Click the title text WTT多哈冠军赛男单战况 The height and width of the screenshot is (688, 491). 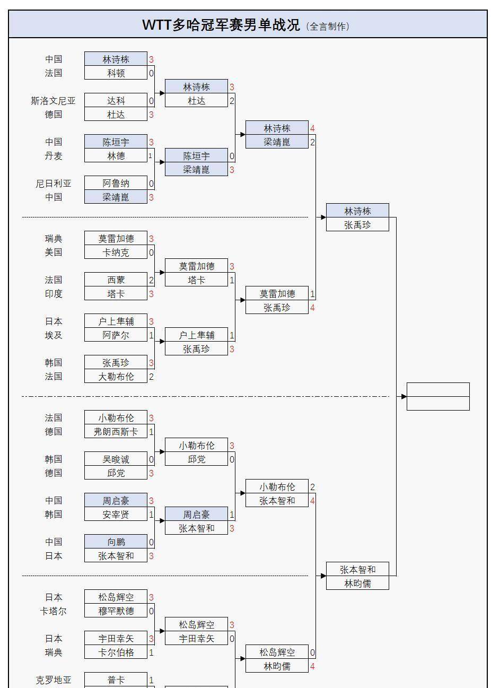[221, 25]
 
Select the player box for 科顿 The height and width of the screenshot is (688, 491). [116, 73]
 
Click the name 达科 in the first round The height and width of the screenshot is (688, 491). [116, 101]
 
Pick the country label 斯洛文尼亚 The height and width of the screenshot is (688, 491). [53, 101]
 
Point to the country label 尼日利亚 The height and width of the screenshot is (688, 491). [53, 184]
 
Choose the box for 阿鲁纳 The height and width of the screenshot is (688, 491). [116, 184]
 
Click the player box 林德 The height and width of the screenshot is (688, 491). [116, 156]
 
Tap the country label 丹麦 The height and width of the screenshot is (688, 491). [53, 156]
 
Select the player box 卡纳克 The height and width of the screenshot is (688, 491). [116, 252]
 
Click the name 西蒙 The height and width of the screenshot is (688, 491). [116, 280]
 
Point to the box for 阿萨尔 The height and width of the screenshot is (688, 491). [116, 335]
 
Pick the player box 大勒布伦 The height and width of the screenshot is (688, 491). [116, 377]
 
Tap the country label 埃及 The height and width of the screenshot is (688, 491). [53, 335]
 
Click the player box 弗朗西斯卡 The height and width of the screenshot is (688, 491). [116, 432]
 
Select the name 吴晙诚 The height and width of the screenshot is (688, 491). [116, 459]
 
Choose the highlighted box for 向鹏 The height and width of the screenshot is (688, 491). [116, 542]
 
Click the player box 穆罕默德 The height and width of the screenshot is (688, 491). [116, 611]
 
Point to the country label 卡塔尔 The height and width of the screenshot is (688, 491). [53, 611]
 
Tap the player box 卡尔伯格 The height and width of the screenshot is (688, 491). [116, 652]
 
